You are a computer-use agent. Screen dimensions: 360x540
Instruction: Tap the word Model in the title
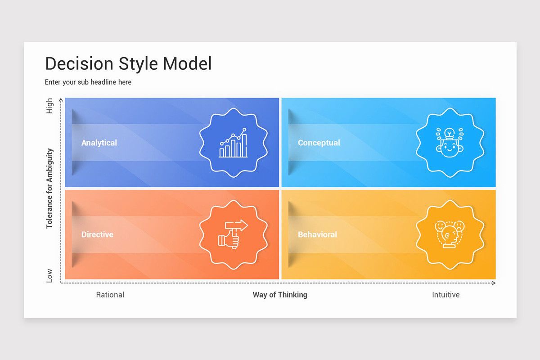[x=187, y=64]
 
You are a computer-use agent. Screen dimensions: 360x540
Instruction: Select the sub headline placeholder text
[x=88, y=82]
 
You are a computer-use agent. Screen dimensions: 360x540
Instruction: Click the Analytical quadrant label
[x=99, y=143]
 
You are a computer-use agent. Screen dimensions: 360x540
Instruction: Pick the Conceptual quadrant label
[x=319, y=143]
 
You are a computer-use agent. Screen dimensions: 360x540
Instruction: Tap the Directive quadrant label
[x=97, y=234]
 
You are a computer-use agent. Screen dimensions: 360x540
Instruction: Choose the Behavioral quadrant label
[x=317, y=234]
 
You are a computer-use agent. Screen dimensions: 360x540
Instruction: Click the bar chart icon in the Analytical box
[x=233, y=143]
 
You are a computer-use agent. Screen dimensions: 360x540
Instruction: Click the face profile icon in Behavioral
[x=450, y=234]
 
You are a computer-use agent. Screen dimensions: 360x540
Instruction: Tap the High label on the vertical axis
[x=49, y=106]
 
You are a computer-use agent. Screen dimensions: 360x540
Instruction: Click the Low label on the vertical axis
[x=49, y=276]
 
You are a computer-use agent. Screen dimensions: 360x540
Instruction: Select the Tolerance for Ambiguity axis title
[x=49, y=189]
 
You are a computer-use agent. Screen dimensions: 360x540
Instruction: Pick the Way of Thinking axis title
[x=280, y=295]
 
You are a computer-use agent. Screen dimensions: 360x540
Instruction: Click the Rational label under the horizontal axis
[x=110, y=295]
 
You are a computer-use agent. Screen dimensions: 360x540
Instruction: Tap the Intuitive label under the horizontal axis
[x=446, y=295]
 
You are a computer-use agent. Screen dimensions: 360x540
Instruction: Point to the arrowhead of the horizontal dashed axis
[x=493, y=283]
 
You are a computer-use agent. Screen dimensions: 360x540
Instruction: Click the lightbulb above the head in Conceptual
[x=450, y=133]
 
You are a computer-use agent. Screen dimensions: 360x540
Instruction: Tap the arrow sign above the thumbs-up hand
[x=237, y=225]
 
